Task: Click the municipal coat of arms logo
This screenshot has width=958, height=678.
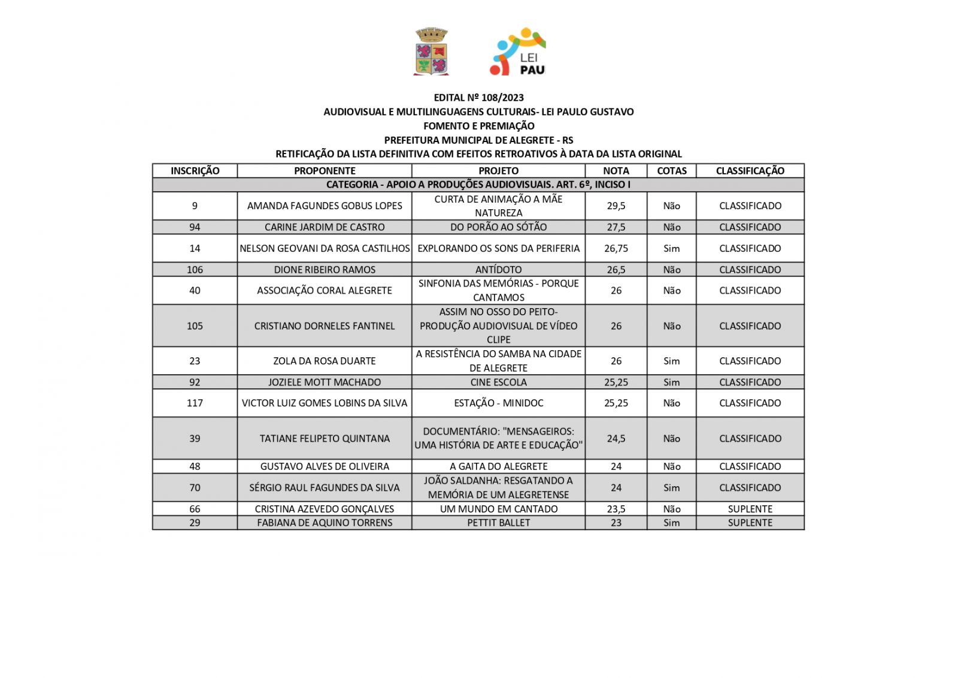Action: coord(431,52)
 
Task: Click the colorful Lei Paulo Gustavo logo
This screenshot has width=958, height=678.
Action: coord(518,52)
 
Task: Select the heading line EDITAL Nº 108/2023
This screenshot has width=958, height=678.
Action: coord(478,97)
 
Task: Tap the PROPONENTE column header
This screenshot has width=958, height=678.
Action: coord(325,171)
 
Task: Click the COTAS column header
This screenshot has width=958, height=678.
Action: coord(671,171)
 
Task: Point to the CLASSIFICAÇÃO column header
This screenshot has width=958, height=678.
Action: coord(750,171)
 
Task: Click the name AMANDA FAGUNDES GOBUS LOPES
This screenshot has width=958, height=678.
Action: coord(325,206)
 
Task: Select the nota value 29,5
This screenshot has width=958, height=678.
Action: coord(616,206)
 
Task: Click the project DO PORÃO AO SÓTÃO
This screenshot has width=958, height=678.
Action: coord(498,227)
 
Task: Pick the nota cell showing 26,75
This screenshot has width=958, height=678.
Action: coord(616,248)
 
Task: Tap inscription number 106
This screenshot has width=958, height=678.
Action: coord(195,270)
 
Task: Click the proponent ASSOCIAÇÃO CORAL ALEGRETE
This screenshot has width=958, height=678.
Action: coord(325,291)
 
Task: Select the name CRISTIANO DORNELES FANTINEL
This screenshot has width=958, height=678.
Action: coord(325,326)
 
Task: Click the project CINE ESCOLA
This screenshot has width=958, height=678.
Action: coord(498,382)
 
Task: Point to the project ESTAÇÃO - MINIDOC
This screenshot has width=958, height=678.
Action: coord(498,403)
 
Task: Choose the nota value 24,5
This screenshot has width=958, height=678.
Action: coord(616,439)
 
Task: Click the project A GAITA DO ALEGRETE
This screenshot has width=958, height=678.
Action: coord(498,466)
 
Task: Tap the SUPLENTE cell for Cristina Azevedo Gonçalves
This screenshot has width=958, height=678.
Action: coord(750,509)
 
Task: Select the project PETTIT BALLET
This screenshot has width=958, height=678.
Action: coord(498,523)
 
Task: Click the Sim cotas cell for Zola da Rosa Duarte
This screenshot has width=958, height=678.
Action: coord(671,361)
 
